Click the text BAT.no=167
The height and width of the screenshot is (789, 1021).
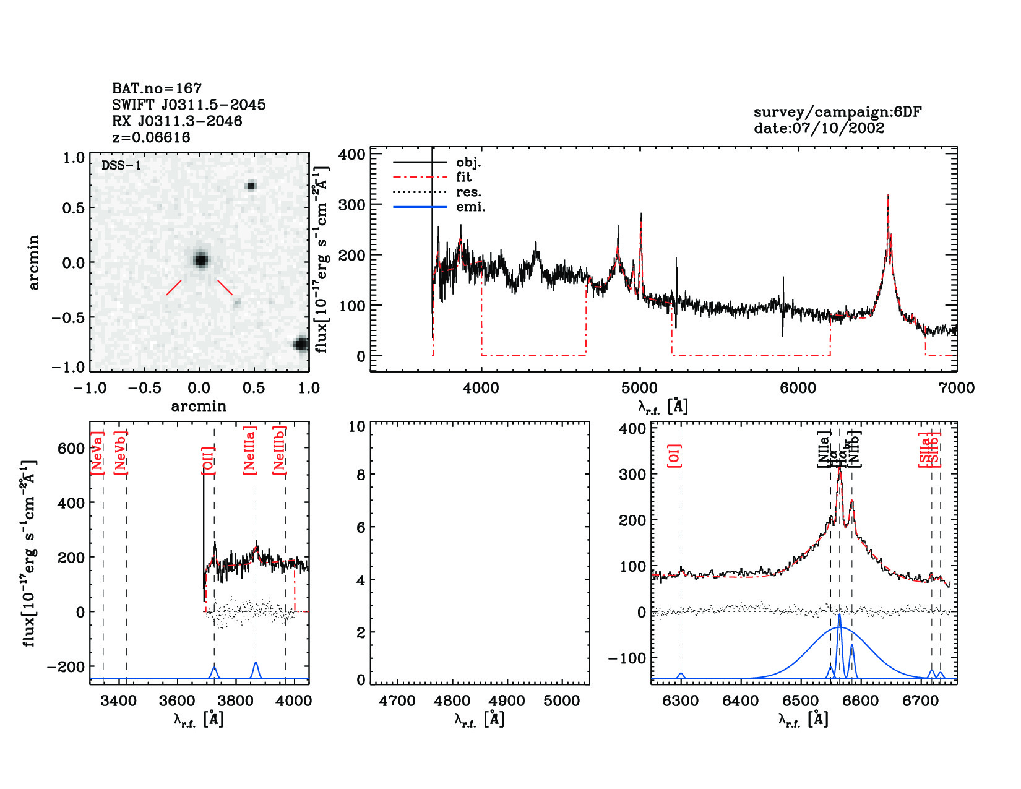coord(157,88)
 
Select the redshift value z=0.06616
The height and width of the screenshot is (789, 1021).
coord(151,137)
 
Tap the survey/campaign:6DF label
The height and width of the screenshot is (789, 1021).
coord(837,112)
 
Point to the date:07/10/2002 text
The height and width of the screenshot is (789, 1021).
coord(819,128)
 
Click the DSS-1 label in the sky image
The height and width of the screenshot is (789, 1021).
coord(121,165)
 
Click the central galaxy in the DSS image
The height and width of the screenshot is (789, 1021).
coord(200,259)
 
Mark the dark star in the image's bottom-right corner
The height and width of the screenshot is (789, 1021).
coord(301,344)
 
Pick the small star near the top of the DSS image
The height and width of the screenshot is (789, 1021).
coord(251,185)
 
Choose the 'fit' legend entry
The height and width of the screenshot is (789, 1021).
coord(463,178)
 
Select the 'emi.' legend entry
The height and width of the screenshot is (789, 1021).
coord(470,207)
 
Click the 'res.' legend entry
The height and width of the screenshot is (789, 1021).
coord(468,192)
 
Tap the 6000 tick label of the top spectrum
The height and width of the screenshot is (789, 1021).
coord(798,388)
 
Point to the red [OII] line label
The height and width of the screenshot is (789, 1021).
coord(208,460)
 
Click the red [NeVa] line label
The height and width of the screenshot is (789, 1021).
coord(97,453)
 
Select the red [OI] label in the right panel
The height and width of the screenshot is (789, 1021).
coord(674,455)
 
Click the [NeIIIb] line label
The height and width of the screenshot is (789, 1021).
coord(280,450)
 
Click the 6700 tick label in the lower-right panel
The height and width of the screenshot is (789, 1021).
coord(921,701)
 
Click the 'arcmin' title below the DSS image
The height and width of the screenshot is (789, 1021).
coord(199,407)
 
